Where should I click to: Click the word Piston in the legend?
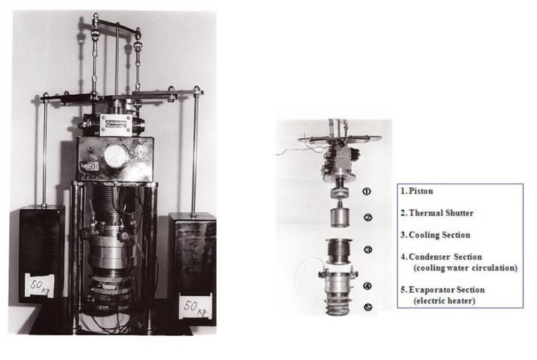(421, 191)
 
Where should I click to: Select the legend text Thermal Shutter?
(441, 213)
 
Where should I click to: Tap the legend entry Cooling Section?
(440, 235)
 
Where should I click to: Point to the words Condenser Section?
(445, 257)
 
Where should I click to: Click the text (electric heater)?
(444, 301)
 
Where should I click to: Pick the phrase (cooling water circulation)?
(465, 268)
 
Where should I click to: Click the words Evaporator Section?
(446, 289)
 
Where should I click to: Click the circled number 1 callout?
(367, 191)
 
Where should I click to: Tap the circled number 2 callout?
(368, 218)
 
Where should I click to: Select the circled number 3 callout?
(368, 250)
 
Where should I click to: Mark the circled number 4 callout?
(367, 285)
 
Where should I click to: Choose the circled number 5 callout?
(368, 307)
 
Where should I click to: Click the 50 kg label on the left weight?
(40, 285)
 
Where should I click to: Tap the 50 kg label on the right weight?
(195, 306)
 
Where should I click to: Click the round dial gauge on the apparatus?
(116, 156)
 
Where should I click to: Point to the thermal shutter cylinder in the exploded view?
(340, 216)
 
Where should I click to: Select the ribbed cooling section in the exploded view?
(339, 252)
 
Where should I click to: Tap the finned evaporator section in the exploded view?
(339, 306)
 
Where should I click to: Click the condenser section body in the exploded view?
(338, 283)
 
